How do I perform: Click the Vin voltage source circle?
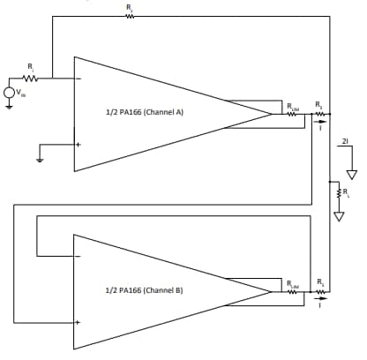point(10,92)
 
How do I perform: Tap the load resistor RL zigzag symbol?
point(338,191)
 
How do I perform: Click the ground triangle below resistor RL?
point(338,214)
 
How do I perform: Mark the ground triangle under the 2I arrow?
point(351,174)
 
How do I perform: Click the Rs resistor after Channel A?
point(319,114)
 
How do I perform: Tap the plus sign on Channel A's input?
point(79,144)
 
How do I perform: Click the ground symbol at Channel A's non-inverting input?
point(39,160)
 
